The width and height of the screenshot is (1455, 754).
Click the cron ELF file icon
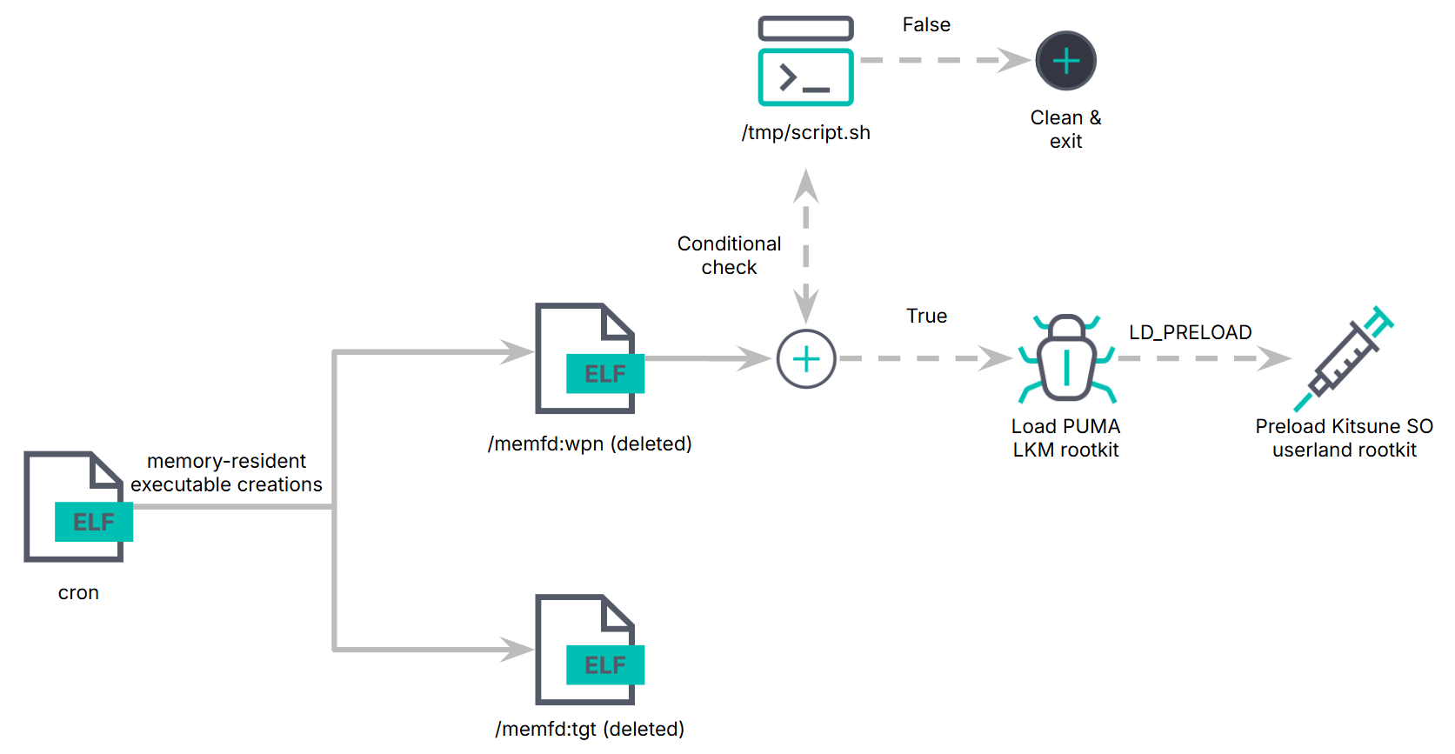coord(77,507)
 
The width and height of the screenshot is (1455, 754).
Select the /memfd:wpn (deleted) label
coord(590,444)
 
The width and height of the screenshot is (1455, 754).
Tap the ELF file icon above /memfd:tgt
coord(588,650)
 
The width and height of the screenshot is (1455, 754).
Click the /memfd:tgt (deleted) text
coord(590,729)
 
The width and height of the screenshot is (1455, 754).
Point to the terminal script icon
coord(805,63)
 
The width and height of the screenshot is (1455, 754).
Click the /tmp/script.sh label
coord(805,132)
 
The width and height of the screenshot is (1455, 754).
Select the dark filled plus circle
coord(1065,61)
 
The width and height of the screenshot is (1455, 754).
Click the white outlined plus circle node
coord(806,358)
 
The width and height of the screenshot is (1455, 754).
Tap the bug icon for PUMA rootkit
coord(1066,358)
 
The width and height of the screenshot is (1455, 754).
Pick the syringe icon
coord(1345,358)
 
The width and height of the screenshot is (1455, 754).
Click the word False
coord(926,24)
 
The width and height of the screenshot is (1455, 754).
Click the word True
coord(926,316)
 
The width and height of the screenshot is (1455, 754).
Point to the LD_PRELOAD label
coord(1190,332)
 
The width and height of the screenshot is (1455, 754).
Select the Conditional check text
coord(729,255)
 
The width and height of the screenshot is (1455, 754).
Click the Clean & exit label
coord(1065,129)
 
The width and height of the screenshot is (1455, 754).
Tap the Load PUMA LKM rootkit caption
coord(1065,437)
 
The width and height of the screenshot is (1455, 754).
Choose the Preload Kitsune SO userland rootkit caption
coord(1344,437)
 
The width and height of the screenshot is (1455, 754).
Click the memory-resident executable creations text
coord(226,472)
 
